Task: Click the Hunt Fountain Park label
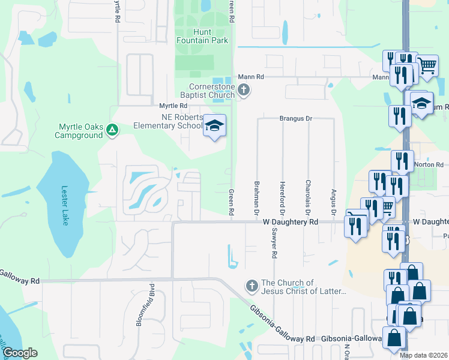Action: pos(202,36)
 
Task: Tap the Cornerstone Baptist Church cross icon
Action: pos(243,90)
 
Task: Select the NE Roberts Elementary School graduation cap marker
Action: pos(214,125)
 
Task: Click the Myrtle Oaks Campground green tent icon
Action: pos(112,129)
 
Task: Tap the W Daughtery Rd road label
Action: pos(291,222)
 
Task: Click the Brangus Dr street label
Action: pos(296,119)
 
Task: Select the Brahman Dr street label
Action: pos(256,198)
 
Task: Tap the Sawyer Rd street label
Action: pos(274,246)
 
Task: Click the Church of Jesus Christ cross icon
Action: pos(252,284)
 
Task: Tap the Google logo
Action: pos(20,353)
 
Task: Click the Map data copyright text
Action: pos(424,355)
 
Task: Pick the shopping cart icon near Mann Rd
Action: pos(427,65)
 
